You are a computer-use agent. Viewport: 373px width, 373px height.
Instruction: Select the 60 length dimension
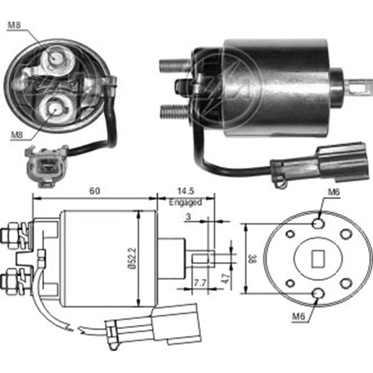(x=95, y=191)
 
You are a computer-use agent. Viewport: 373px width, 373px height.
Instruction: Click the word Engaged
(x=185, y=203)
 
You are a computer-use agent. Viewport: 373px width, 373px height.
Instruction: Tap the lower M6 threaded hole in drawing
(x=318, y=294)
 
